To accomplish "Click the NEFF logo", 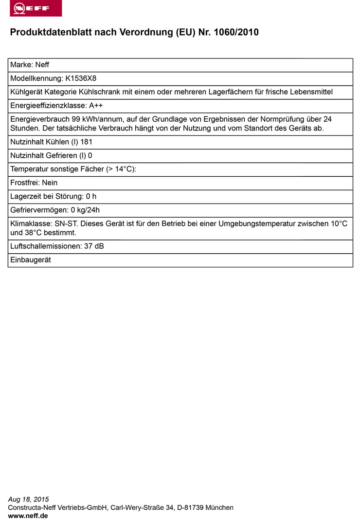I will coord(36,8).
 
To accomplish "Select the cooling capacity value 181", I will coord(86,142).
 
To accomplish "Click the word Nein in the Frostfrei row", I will coord(50,183).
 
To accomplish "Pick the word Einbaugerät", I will coord(30,260).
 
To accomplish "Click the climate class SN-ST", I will coord(62,224).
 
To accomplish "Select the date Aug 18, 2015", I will coord(29,500).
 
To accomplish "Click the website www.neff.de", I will coord(28,516).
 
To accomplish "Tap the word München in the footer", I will coord(219,507).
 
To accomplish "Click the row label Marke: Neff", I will coord(29,65).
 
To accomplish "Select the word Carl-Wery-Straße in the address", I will coord(138,507).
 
